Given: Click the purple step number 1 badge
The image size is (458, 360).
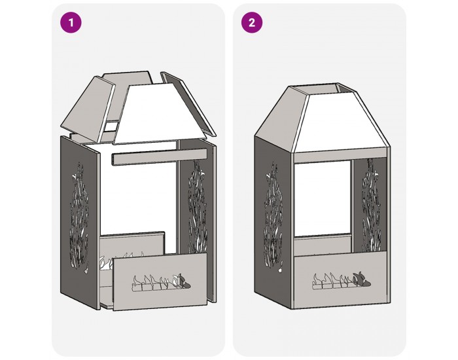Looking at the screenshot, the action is (x=71, y=22).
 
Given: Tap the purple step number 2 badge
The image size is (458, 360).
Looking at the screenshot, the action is (x=252, y=22).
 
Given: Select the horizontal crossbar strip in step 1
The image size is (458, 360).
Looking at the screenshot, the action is (x=159, y=156).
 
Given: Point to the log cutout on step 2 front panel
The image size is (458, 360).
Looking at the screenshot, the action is (x=342, y=281).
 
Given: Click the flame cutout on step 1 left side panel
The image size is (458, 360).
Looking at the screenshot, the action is (x=79, y=218).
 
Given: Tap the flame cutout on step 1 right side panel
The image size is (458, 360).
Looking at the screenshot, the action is (x=198, y=206).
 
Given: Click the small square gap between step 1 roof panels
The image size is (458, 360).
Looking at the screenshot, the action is (x=111, y=126).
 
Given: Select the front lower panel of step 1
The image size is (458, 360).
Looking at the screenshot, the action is (x=160, y=281).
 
